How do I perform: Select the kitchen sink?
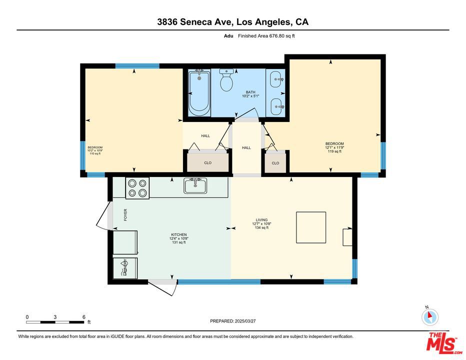pyautogui.click(x=195, y=186)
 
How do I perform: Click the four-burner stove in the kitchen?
pyautogui.click(x=137, y=187)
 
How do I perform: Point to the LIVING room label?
pyautogui.click(x=261, y=220)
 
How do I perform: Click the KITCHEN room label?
pyautogui.click(x=178, y=234)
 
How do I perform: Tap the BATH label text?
pyautogui.click(x=250, y=92)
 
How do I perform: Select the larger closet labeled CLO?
pyautogui.click(x=208, y=162)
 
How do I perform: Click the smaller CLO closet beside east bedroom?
pyautogui.click(x=275, y=163)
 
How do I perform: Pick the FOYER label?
pyautogui.click(x=126, y=215)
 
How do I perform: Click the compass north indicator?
pyautogui.click(x=429, y=316)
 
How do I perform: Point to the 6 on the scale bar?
pyautogui.click(x=83, y=317)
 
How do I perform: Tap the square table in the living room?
pyautogui.click(x=311, y=227)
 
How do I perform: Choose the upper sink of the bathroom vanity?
pyautogui.click(x=275, y=78)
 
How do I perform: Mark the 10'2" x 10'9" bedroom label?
pyautogui.click(x=95, y=150)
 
